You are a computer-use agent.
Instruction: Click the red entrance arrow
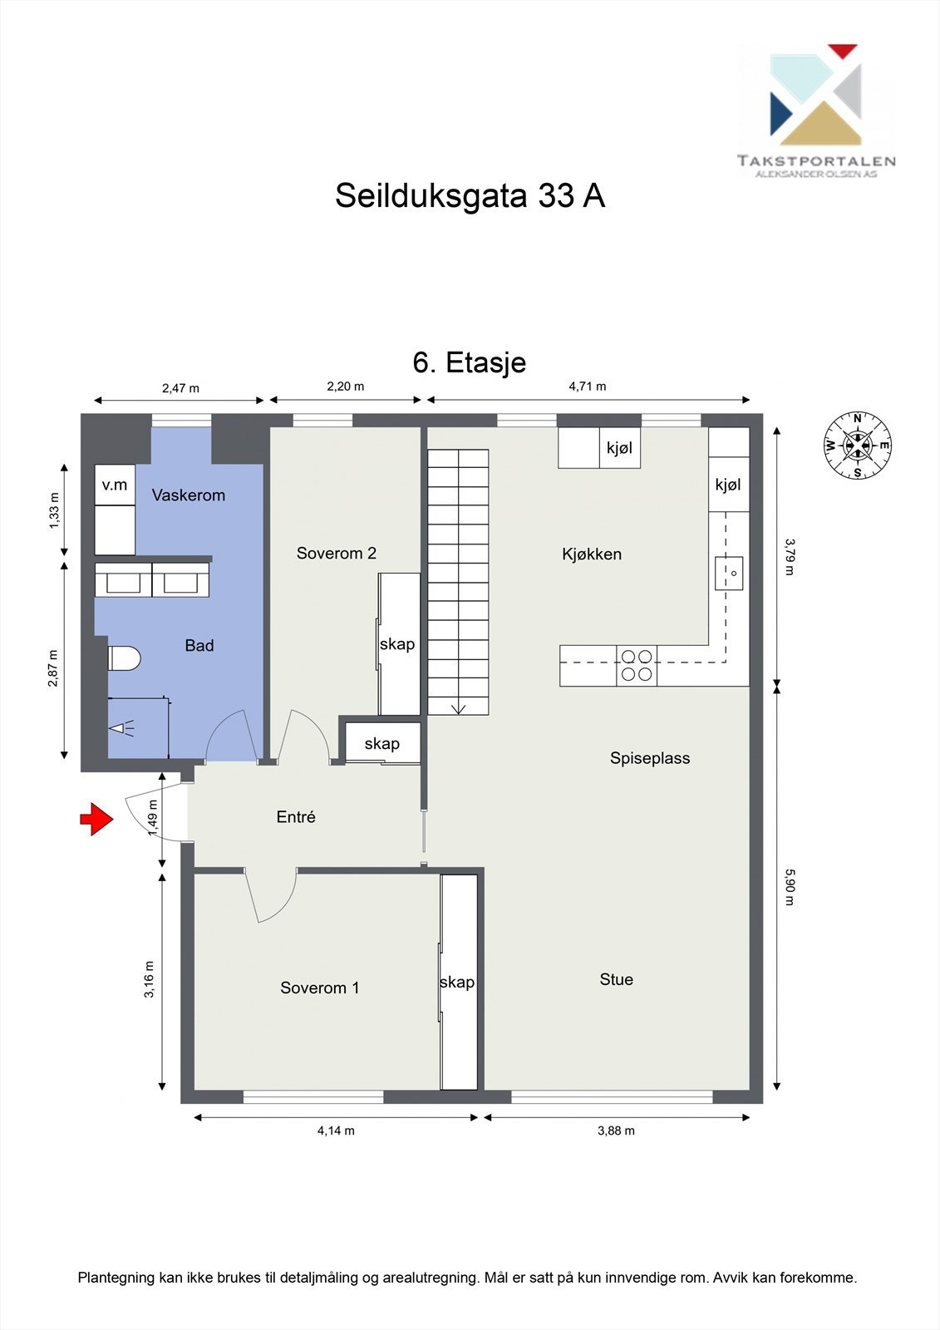(x=96, y=819)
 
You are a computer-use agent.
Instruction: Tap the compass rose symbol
(x=858, y=446)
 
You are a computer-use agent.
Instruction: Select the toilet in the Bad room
(x=125, y=658)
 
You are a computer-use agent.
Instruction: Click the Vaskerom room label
(x=189, y=495)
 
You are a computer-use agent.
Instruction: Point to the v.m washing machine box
(x=115, y=485)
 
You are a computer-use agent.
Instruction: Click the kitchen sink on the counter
(x=729, y=573)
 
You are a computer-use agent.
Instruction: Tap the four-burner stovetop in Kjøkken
(x=637, y=666)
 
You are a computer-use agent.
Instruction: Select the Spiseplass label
(x=650, y=758)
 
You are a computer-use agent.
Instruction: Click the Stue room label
(x=617, y=979)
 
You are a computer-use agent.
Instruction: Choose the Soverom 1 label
(x=320, y=988)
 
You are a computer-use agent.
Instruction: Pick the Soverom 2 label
(x=337, y=554)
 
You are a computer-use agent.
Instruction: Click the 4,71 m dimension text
(x=588, y=387)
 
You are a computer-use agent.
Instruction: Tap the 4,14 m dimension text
(x=336, y=1130)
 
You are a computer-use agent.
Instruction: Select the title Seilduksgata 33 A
(x=470, y=196)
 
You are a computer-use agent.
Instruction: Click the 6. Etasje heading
(x=470, y=362)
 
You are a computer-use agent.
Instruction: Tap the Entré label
(x=296, y=817)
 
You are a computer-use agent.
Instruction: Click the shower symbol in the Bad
(x=122, y=729)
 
